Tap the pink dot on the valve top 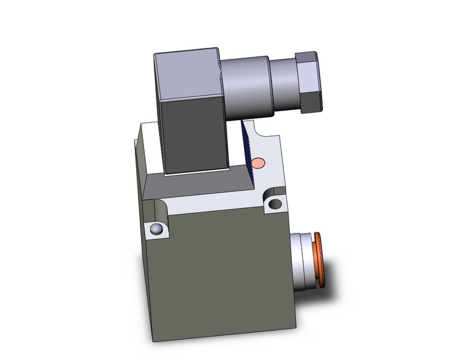click(x=259, y=163)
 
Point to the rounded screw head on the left click(x=157, y=230)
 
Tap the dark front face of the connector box click(x=194, y=135)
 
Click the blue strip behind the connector click(x=248, y=147)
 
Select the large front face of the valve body click(x=227, y=270)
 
